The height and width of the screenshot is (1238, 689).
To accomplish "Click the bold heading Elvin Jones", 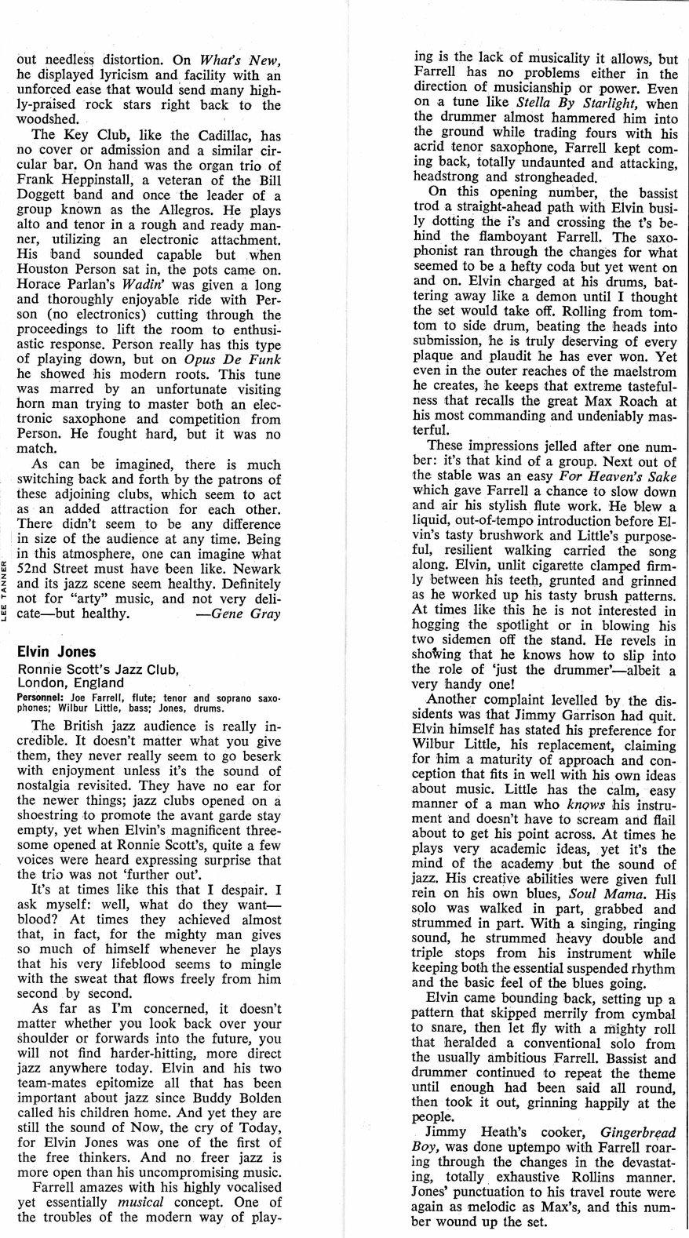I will (x=57, y=652).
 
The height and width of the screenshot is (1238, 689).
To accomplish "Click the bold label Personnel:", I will (x=37, y=697).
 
